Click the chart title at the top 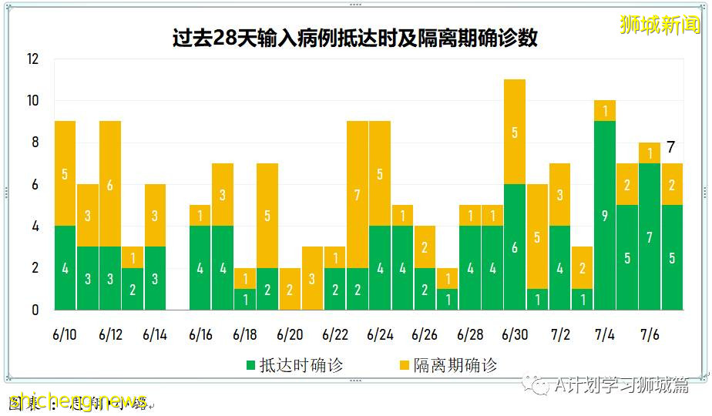coord(355,39)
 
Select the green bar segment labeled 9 coord(605,216)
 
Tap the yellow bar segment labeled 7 coord(358,195)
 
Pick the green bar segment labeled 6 coord(515,247)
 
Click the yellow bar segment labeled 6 coord(110,185)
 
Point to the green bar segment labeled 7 coord(650,237)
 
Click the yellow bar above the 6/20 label coord(290,289)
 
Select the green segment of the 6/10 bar coord(65,268)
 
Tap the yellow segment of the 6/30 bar coord(515,132)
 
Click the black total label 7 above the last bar coord(671,147)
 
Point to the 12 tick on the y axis coord(32,59)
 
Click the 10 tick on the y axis coord(32,101)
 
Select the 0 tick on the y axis coord(35,310)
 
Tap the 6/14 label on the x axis coord(155,335)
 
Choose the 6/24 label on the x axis coord(381,335)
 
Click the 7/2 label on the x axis coord(560,335)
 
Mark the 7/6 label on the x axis coord(650,335)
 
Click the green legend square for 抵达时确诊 coord(250,366)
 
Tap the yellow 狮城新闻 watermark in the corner coord(662,24)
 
